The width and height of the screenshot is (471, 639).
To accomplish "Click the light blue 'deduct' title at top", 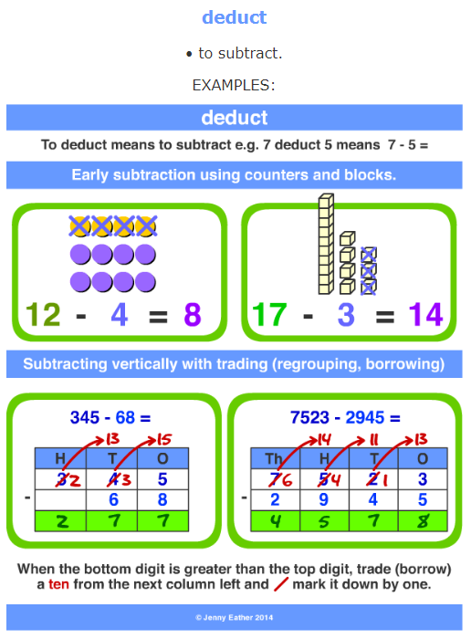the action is click(x=235, y=17).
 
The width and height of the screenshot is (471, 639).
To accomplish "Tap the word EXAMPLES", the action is click(x=234, y=85).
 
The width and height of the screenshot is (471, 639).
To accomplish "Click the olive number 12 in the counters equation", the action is click(x=43, y=315).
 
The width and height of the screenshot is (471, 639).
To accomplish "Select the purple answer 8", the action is click(x=193, y=315).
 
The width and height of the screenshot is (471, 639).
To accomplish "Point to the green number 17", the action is click(x=269, y=315).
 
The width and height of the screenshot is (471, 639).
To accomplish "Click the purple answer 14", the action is click(x=425, y=315).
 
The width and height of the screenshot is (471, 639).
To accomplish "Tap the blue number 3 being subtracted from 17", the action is click(x=346, y=315).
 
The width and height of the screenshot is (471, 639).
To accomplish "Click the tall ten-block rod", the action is click(x=326, y=244).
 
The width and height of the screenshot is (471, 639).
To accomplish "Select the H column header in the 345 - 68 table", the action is click(x=60, y=458).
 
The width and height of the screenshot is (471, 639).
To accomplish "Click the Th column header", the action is click(x=275, y=458).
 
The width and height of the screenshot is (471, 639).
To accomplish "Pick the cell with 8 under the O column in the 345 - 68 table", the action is click(x=163, y=499).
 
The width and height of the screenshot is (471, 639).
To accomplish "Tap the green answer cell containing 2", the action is click(x=61, y=521).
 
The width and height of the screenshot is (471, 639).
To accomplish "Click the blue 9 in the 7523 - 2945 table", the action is click(x=324, y=499).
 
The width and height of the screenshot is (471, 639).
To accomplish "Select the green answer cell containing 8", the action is click(x=423, y=521).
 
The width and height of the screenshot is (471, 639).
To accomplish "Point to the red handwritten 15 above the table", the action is click(x=164, y=439).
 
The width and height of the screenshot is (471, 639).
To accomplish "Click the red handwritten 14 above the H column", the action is click(x=324, y=439).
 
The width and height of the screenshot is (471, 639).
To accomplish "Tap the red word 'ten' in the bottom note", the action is click(x=58, y=584).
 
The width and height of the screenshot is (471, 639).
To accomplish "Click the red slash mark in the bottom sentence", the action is click(x=281, y=584).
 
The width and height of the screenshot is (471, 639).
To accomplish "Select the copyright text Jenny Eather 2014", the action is click(x=235, y=617).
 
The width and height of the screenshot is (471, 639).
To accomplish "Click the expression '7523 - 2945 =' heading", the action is click(x=345, y=418).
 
